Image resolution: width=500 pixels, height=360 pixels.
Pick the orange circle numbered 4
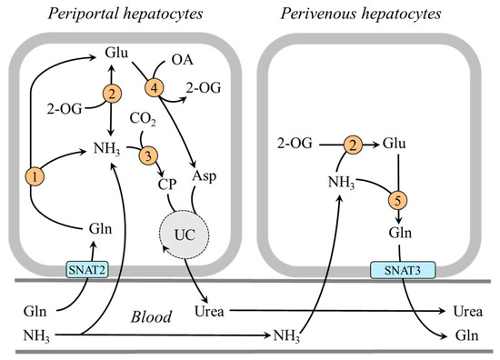(154, 88)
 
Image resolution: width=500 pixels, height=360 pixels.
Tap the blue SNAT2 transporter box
(85, 269)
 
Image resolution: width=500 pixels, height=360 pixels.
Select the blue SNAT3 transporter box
(396, 269)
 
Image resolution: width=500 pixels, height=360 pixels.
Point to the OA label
(181, 63)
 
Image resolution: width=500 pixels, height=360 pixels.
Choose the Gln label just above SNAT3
(396, 235)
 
